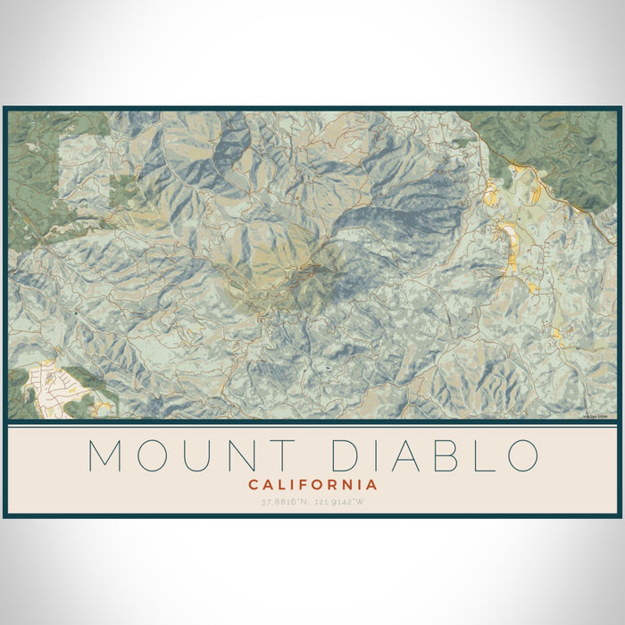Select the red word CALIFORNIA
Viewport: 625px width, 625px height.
[312, 485]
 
